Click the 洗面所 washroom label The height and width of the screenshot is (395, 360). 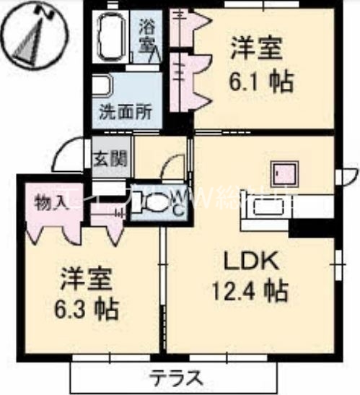125,112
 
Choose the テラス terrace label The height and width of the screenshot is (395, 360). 176,377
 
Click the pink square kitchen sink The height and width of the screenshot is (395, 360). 284,173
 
